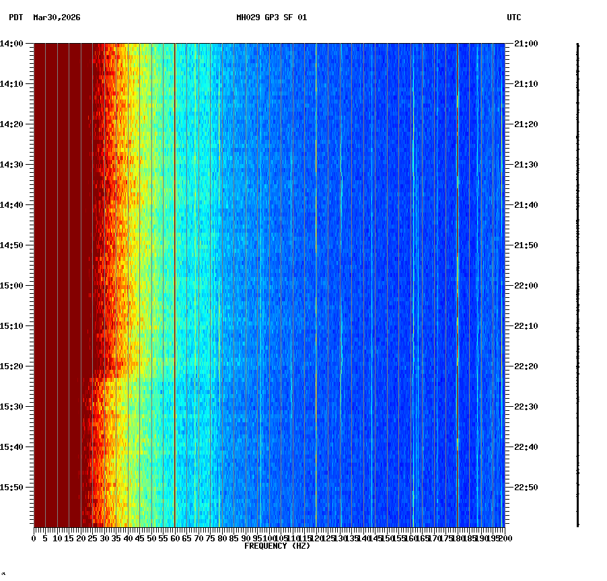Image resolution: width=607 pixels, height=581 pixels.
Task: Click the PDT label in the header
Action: pyautogui.click(x=15, y=17)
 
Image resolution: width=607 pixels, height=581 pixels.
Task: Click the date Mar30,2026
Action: pyautogui.click(x=57, y=17)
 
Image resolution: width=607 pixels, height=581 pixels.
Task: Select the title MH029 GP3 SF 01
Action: pyautogui.click(x=271, y=17)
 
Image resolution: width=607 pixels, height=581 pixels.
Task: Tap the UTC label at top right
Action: pyautogui.click(x=513, y=17)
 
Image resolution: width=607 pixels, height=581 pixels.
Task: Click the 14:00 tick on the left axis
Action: pyautogui.click(x=12, y=44)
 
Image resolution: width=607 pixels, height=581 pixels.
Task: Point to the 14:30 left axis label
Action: pyautogui.click(x=12, y=165)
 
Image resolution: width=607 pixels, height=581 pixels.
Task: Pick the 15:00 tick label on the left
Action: pyautogui.click(x=12, y=286)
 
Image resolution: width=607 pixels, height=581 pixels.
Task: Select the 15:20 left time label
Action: pyautogui.click(x=12, y=366)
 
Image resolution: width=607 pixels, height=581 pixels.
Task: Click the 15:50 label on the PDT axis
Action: pyautogui.click(x=12, y=488)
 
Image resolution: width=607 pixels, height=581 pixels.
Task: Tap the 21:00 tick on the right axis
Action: pyautogui.click(x=526, y=44)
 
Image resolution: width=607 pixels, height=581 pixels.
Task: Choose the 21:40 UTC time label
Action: pyautogui.click(x=526, y=205)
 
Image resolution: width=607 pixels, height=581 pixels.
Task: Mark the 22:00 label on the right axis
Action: pyautogui.click(x=526, y=286)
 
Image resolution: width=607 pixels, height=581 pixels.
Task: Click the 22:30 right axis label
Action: pyautogui.click(x=526, y=407)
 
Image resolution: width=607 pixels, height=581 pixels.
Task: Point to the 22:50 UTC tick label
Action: pyautogui.click(x=526, y=488)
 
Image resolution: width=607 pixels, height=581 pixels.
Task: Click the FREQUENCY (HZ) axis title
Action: pyautogui.click(x=277, y=546)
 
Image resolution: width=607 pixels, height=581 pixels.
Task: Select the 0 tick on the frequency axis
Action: pyautogui.click(x=34, y=539)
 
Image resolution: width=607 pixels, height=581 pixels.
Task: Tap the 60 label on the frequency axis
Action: pyautogui.click(x=175, y=539)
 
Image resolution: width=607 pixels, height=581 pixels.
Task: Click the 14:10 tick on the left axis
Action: pyautogui.click(x=12, y=84)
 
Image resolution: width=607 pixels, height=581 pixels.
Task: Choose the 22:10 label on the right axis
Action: pyautogui.click(x=526, y=326)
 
